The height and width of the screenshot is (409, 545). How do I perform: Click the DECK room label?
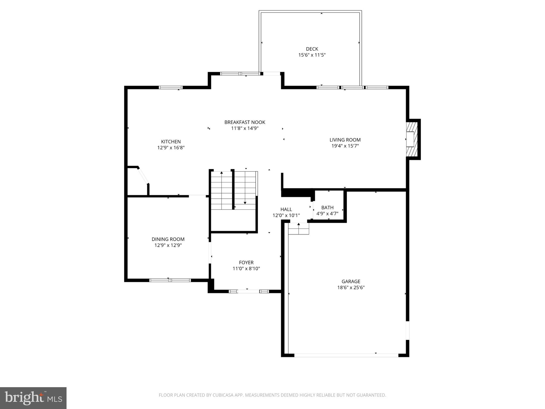click(312, 49)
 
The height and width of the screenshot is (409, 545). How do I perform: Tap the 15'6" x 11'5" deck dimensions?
click(312, 55)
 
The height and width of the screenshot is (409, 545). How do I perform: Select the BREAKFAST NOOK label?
click(245, 122)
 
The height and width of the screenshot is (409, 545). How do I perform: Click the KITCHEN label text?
click(171, 142)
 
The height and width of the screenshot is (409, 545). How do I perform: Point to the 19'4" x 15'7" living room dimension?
click(345, 146)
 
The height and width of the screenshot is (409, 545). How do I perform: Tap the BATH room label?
click(327, 207)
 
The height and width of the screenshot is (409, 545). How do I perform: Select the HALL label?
click(286, 209)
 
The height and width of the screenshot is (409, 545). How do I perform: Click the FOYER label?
click(246, 263)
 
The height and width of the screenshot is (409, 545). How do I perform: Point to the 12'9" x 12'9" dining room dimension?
click(168, 245)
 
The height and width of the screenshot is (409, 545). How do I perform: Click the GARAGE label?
click(351, 281)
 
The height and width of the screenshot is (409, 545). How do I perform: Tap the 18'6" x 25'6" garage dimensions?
click(351, 288)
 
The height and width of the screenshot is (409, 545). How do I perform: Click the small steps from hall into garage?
click(299, 229)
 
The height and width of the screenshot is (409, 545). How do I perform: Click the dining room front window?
click(170, 280)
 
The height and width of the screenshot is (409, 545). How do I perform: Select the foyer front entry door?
click(249, 292)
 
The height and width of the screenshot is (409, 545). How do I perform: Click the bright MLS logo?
click(33, 398)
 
